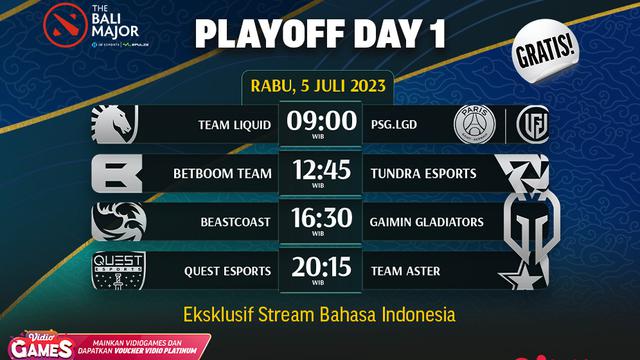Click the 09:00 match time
[323, 122]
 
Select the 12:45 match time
[321, 172]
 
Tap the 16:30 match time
[321, 220]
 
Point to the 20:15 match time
[321, 268]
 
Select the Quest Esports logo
[121, 270]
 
